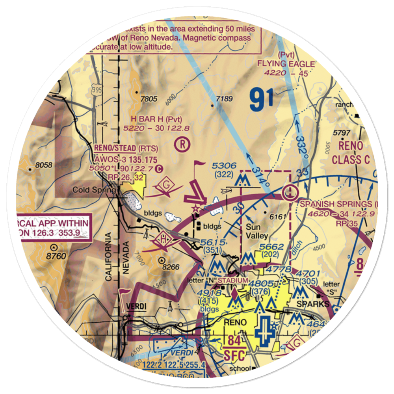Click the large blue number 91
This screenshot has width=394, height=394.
[x=261, y=100]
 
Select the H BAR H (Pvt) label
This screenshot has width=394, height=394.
[x=151, y=119]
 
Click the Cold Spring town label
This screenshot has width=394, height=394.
[x=94, y=190]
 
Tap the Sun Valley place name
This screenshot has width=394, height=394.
[x=257, y=232]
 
